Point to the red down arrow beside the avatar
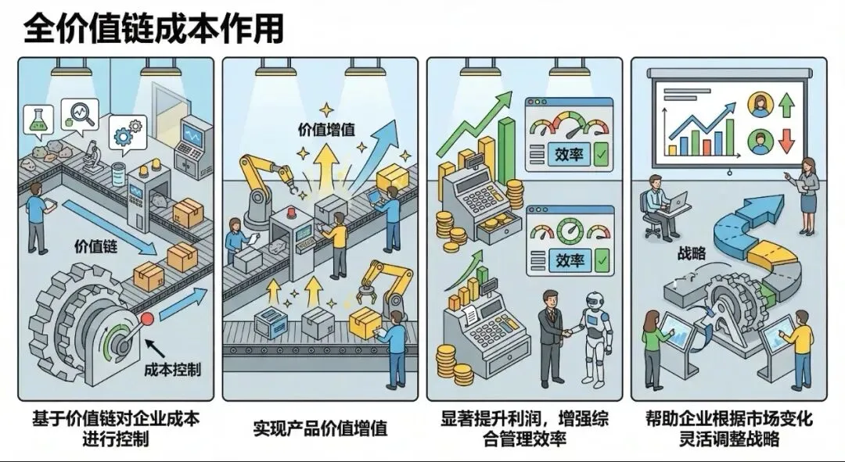788,141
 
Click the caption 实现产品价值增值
321,428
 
